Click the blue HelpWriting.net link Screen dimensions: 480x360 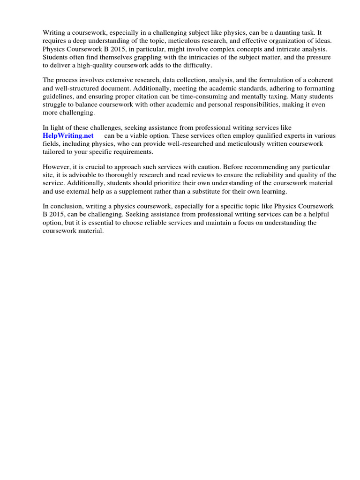tap(68, 135)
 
